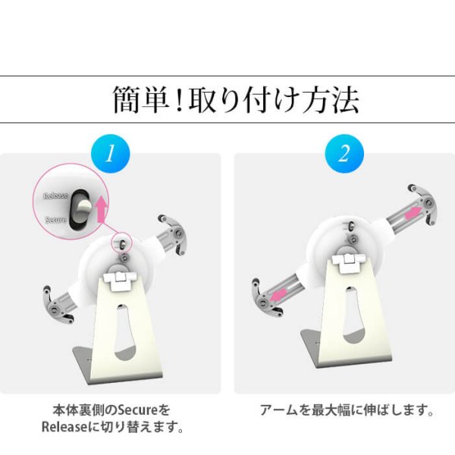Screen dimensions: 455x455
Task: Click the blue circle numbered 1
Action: (111, 155)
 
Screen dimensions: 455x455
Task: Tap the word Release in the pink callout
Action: (55, 195)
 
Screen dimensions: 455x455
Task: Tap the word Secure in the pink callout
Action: (55, 220)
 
